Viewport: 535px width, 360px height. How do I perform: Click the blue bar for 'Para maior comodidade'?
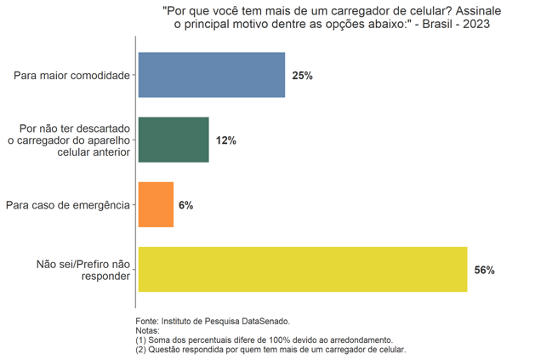click(x=211, y=75)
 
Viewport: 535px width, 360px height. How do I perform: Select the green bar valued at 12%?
click(x=173, y=140)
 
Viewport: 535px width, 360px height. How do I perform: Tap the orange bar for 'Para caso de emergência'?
click(x=156, y=204)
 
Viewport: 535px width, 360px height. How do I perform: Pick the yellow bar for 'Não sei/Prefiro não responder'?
click(x=302, y=269)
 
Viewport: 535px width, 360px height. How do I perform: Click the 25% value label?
click(x=302, y=76)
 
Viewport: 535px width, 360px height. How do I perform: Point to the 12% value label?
click(x=225, y=140)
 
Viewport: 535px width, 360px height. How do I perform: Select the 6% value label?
click(x=186, y=205)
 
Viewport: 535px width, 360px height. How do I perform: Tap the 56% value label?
click(x=484, y=270)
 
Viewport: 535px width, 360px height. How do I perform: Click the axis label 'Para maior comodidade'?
click(x=71, y=76)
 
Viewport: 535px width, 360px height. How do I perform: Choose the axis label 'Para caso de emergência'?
click(x=67, y=205)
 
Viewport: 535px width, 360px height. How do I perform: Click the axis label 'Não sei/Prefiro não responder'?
click(x=83, y=270)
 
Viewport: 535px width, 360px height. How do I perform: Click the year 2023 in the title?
click(x=475, y=24)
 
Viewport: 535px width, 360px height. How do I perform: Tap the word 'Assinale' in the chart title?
click(x=475, y=9)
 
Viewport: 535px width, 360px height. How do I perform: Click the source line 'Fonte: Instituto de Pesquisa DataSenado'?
click(x=213, y=321)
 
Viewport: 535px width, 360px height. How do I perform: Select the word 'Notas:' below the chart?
click(x=148, y=330)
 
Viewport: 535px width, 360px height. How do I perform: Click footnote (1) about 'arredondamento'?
click(x=264, y=340)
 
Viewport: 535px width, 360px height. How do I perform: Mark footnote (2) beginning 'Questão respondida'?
click(x=270, y=349)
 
